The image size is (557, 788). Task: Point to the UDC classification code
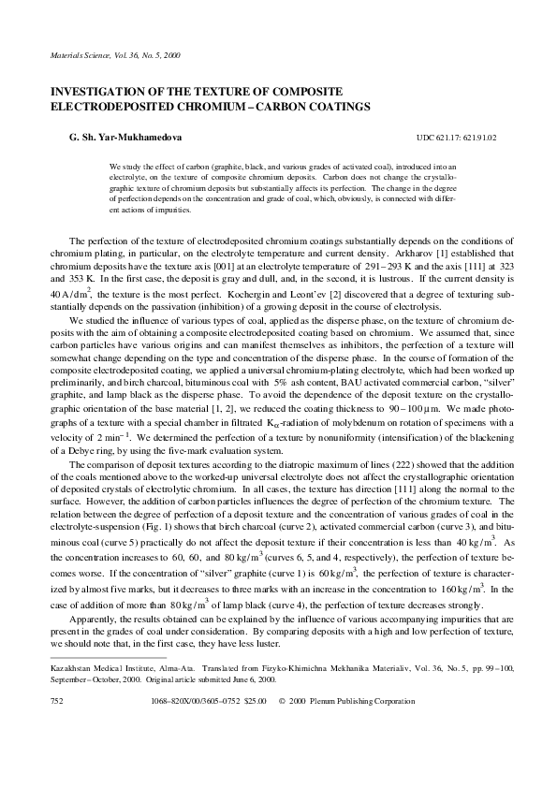456,139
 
